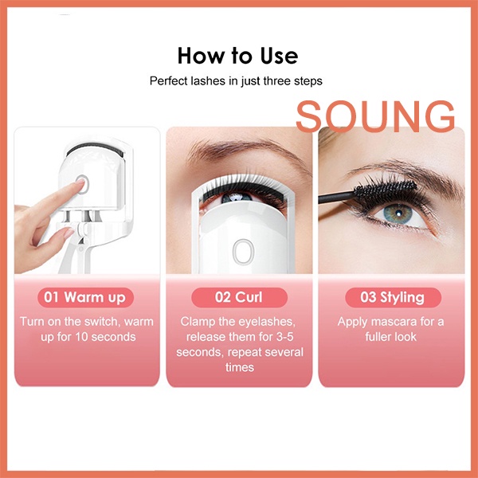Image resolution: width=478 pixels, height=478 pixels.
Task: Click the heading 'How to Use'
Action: point(237,56)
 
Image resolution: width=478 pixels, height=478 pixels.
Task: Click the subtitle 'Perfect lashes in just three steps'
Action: point(236,81)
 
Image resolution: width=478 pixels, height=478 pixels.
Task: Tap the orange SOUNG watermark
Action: point(375,116)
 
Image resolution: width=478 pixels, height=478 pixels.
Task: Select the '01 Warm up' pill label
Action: point(85,297)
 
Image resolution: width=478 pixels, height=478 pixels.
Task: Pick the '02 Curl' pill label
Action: point(239,297)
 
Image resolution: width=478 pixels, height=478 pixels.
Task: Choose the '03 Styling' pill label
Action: point(393,297)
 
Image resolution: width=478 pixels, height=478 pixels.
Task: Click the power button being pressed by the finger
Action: point(82,184)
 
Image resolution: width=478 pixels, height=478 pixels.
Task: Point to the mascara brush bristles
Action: point(386,191)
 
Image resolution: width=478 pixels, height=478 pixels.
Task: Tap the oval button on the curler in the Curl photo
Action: point(244,252)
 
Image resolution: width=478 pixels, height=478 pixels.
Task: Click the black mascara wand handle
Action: point(336,197)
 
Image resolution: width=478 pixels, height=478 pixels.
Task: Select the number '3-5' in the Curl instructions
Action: point(284,337)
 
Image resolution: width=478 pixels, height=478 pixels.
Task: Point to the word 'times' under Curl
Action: point(240,367)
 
